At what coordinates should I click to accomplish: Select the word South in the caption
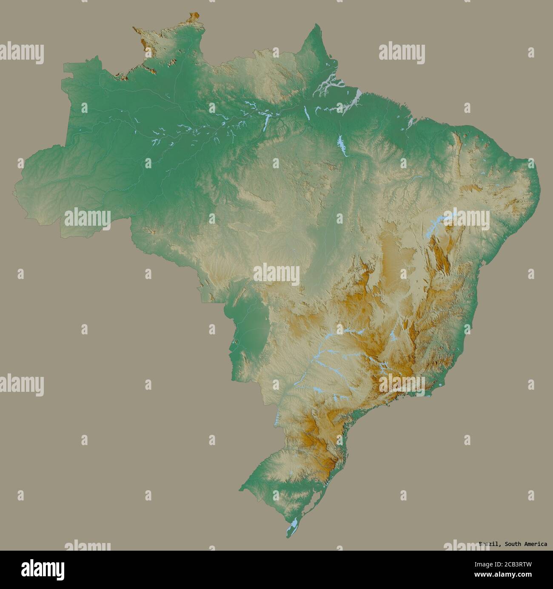point(509,544)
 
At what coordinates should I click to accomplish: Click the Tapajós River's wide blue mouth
point(266,122)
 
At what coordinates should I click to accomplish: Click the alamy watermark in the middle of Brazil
point(276,273)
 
